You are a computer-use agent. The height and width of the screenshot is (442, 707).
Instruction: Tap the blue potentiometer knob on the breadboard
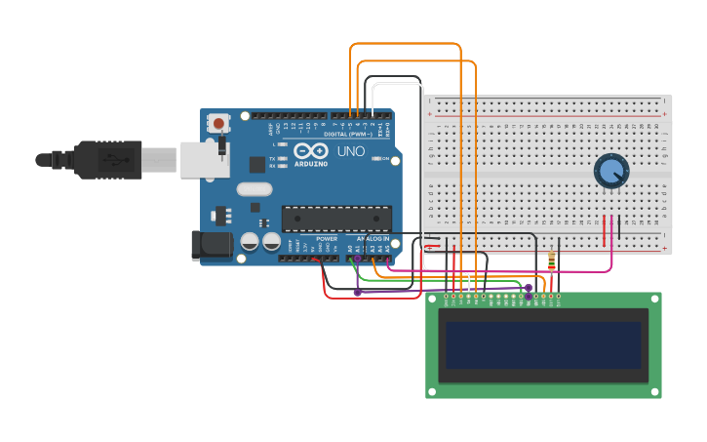610,172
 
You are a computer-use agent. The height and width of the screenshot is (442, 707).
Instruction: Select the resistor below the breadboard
552,261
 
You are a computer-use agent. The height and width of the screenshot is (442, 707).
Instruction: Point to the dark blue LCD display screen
543,344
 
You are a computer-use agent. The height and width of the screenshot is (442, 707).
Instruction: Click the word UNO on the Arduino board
350,152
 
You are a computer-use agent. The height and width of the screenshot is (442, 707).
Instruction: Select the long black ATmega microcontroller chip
336,220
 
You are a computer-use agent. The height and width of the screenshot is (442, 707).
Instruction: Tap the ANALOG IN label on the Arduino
373,238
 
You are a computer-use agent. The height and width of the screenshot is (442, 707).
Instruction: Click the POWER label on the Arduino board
327,238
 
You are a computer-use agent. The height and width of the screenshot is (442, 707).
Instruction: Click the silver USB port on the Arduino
204,159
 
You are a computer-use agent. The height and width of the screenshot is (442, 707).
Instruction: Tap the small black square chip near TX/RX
257,165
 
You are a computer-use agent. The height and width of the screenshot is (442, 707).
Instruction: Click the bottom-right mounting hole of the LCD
653,391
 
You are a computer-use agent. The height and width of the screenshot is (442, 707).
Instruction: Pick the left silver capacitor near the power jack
250,241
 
